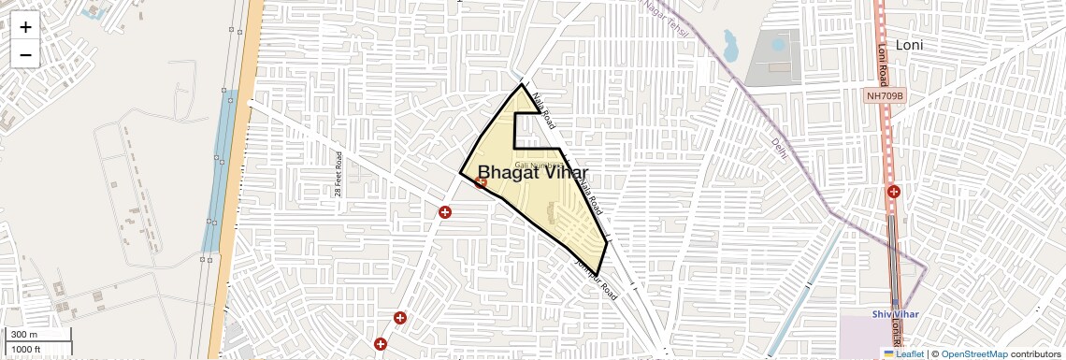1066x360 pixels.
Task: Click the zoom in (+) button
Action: [x=25, y=27]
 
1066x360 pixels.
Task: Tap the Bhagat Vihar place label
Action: [x=532, y=174]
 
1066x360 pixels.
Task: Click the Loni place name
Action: [x=909, y=45]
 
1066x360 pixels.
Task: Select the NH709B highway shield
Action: [x=885, y=95]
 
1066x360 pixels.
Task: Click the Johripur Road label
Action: [x=597, y=278]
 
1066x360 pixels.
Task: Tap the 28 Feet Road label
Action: [x=339, y=174]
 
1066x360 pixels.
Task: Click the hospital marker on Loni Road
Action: [x=894, y=192]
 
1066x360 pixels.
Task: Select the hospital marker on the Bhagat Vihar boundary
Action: [x=481, y=183]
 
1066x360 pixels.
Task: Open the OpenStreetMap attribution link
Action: [x=973, y=354]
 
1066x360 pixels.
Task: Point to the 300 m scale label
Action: [x=25, y=335]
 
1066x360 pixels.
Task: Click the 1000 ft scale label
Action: [x=27, y=350]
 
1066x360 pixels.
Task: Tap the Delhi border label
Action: [x=779, y=147]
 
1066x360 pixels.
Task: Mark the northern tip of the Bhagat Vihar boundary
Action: [x=522, y=85]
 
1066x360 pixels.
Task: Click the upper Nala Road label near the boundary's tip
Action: [x=543, y=109]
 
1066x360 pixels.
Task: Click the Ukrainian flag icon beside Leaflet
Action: [x=888, y=354]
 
